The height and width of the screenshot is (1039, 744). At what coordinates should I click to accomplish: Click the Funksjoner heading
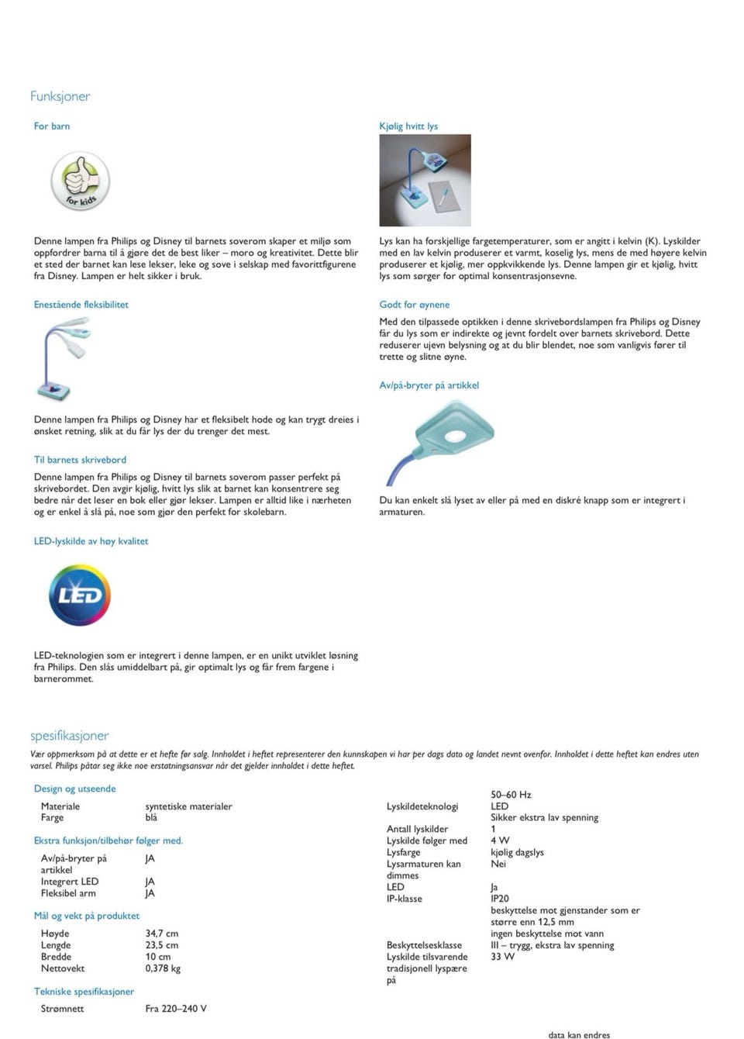coord(60,96)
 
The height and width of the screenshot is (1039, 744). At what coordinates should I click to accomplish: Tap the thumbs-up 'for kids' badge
coord(81,181)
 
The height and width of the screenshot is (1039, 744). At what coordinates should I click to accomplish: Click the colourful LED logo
coord(80,595)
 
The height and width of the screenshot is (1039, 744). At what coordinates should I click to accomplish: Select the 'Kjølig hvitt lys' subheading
coord(408,126)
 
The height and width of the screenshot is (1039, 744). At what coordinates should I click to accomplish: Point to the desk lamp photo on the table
coord(425,180)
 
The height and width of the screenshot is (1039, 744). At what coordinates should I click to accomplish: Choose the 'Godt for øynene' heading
coord(414,305)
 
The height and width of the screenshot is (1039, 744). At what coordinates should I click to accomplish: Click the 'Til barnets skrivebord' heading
coord(80,460)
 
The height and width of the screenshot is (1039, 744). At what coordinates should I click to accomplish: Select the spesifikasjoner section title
coord(70,735)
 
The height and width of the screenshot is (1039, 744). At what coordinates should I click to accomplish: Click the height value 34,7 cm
coord(162,934)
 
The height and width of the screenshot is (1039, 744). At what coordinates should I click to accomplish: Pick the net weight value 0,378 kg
coord(163,968)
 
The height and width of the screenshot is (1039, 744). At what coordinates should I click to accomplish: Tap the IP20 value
coord(500,899)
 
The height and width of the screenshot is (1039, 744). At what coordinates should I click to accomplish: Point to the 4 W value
coord(500,841)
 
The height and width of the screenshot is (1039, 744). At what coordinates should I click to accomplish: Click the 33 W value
coord(502,957)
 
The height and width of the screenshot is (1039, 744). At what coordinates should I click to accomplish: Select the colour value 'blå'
coord(151,817)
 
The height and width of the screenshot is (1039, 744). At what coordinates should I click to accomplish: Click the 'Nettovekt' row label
coord(63,968)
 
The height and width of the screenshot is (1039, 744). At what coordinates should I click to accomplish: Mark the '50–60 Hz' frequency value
coord(511,795)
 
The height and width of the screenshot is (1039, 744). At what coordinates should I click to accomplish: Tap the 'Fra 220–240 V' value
coord(176,1009)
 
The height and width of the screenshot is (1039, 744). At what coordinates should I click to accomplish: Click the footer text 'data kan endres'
coord(579,1034)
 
